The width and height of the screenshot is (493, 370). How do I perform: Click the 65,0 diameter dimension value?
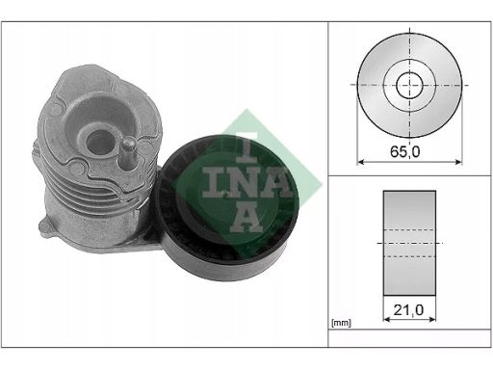coord(404,151)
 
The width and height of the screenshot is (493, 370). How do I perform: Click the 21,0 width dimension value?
coord(408,310)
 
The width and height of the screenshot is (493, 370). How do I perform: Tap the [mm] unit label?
coord(341,323)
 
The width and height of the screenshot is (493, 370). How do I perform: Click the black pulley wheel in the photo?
coord(224,207)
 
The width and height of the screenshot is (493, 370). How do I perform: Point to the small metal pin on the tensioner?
coord(129,151)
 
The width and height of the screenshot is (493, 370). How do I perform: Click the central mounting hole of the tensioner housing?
coord(100,142)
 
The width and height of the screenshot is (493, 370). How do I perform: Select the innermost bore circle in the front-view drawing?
coord(409,86)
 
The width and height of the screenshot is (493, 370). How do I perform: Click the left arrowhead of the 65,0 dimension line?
coord(361,162)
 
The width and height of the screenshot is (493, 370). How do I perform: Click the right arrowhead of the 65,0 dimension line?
coord(458,162)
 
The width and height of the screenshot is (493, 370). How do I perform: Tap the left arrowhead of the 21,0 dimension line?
coord(387,319)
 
